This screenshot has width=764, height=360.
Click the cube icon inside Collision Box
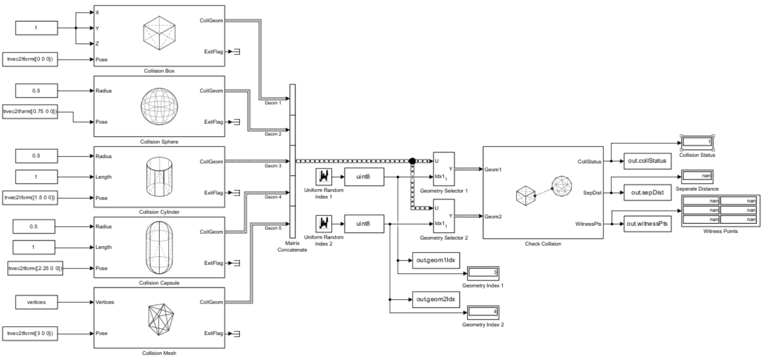coord(159,33)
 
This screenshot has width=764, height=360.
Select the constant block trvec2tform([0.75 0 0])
coord(30,111)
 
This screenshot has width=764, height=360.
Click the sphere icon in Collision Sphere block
coord(159,106)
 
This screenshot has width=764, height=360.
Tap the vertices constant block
coord(36,302)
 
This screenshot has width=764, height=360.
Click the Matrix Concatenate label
coord(292,246)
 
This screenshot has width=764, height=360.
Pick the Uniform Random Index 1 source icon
coord(324,177)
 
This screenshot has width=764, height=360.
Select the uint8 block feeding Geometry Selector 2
coord(364,224)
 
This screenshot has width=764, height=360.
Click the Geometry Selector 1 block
coord(443,169)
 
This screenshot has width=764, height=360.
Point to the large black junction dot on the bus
coord(412,161)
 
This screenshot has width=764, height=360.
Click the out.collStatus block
coord(647,161)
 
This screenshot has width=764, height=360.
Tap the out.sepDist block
coord(647,193)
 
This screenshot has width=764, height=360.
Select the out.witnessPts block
coord(647,224)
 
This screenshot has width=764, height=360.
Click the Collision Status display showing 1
coord(697,142)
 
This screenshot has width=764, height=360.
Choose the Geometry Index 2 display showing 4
coord(483,312)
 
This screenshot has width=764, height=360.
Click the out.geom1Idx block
coord(435,260)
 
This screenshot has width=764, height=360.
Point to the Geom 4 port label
coord(272,197)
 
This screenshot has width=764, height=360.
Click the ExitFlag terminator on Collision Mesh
coord(237,333)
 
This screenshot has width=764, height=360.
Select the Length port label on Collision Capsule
coord(103,247)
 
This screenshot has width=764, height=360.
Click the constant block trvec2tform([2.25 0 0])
coord(35,268)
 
